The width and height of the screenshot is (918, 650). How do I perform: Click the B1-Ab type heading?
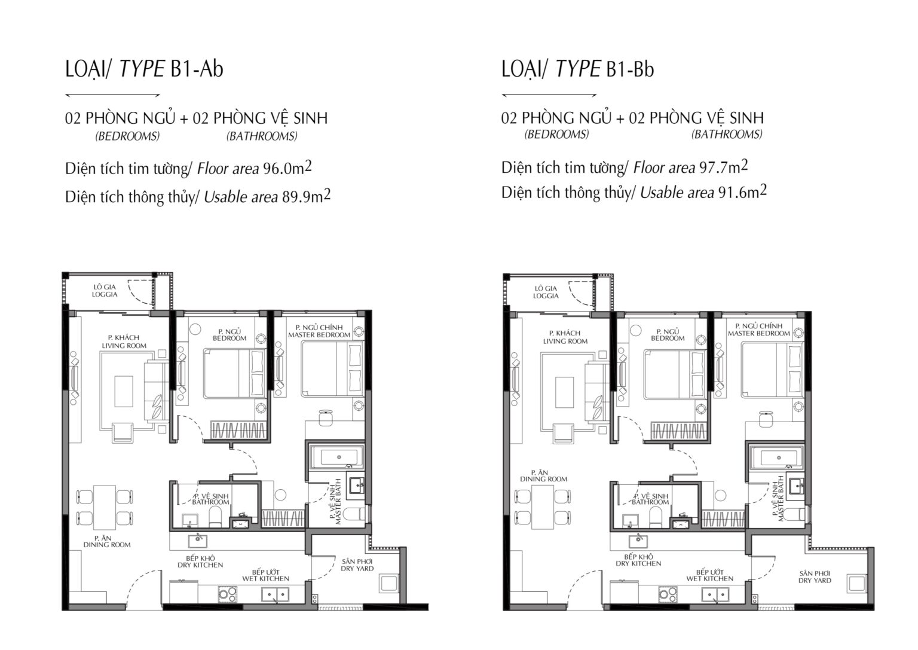(144, 69)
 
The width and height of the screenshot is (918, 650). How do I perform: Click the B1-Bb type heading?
(578, 69)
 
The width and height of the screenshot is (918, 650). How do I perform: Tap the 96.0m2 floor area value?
(287, 167)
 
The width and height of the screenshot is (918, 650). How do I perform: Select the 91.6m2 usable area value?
(742, 192)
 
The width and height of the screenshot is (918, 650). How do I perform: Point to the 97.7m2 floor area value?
(723, 167)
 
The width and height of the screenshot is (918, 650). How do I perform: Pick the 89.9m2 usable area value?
(306, 197)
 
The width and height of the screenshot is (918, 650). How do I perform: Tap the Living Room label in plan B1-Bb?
(565, 337)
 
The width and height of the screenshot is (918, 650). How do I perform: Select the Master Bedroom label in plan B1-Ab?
(319, 331)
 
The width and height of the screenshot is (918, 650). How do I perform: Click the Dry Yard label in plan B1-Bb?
(815, 577)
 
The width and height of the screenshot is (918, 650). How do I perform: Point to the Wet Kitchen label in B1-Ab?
(265, 575)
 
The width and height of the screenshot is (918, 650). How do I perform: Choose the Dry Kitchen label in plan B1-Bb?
(638, 560)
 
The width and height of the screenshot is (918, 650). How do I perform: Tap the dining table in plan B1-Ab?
(105, 508)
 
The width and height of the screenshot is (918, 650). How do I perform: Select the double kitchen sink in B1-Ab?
(276, 594)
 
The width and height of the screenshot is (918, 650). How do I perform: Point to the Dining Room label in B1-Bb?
(544, 476)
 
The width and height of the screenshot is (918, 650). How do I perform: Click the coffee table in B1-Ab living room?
(124, 391)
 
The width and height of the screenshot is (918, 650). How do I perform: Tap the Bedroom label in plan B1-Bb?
(668, 335)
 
